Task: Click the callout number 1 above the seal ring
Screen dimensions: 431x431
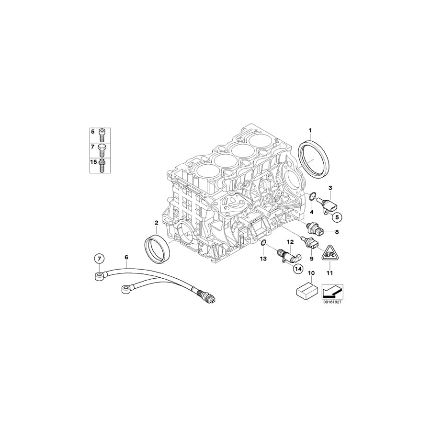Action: point(310,130)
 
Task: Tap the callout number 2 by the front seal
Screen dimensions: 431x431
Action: point(156,223)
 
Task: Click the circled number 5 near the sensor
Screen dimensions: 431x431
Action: point(338,217)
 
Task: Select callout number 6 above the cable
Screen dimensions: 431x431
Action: point(126,258)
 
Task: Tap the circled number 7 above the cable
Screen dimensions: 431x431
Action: point(99,259)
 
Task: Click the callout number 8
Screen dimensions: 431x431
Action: point(337,232)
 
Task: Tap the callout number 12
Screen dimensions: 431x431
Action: point(290,242)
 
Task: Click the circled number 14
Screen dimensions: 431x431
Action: point(297,269)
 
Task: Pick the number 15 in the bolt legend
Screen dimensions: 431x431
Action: point(93,163)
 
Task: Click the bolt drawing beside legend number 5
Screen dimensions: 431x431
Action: point(102,132)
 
